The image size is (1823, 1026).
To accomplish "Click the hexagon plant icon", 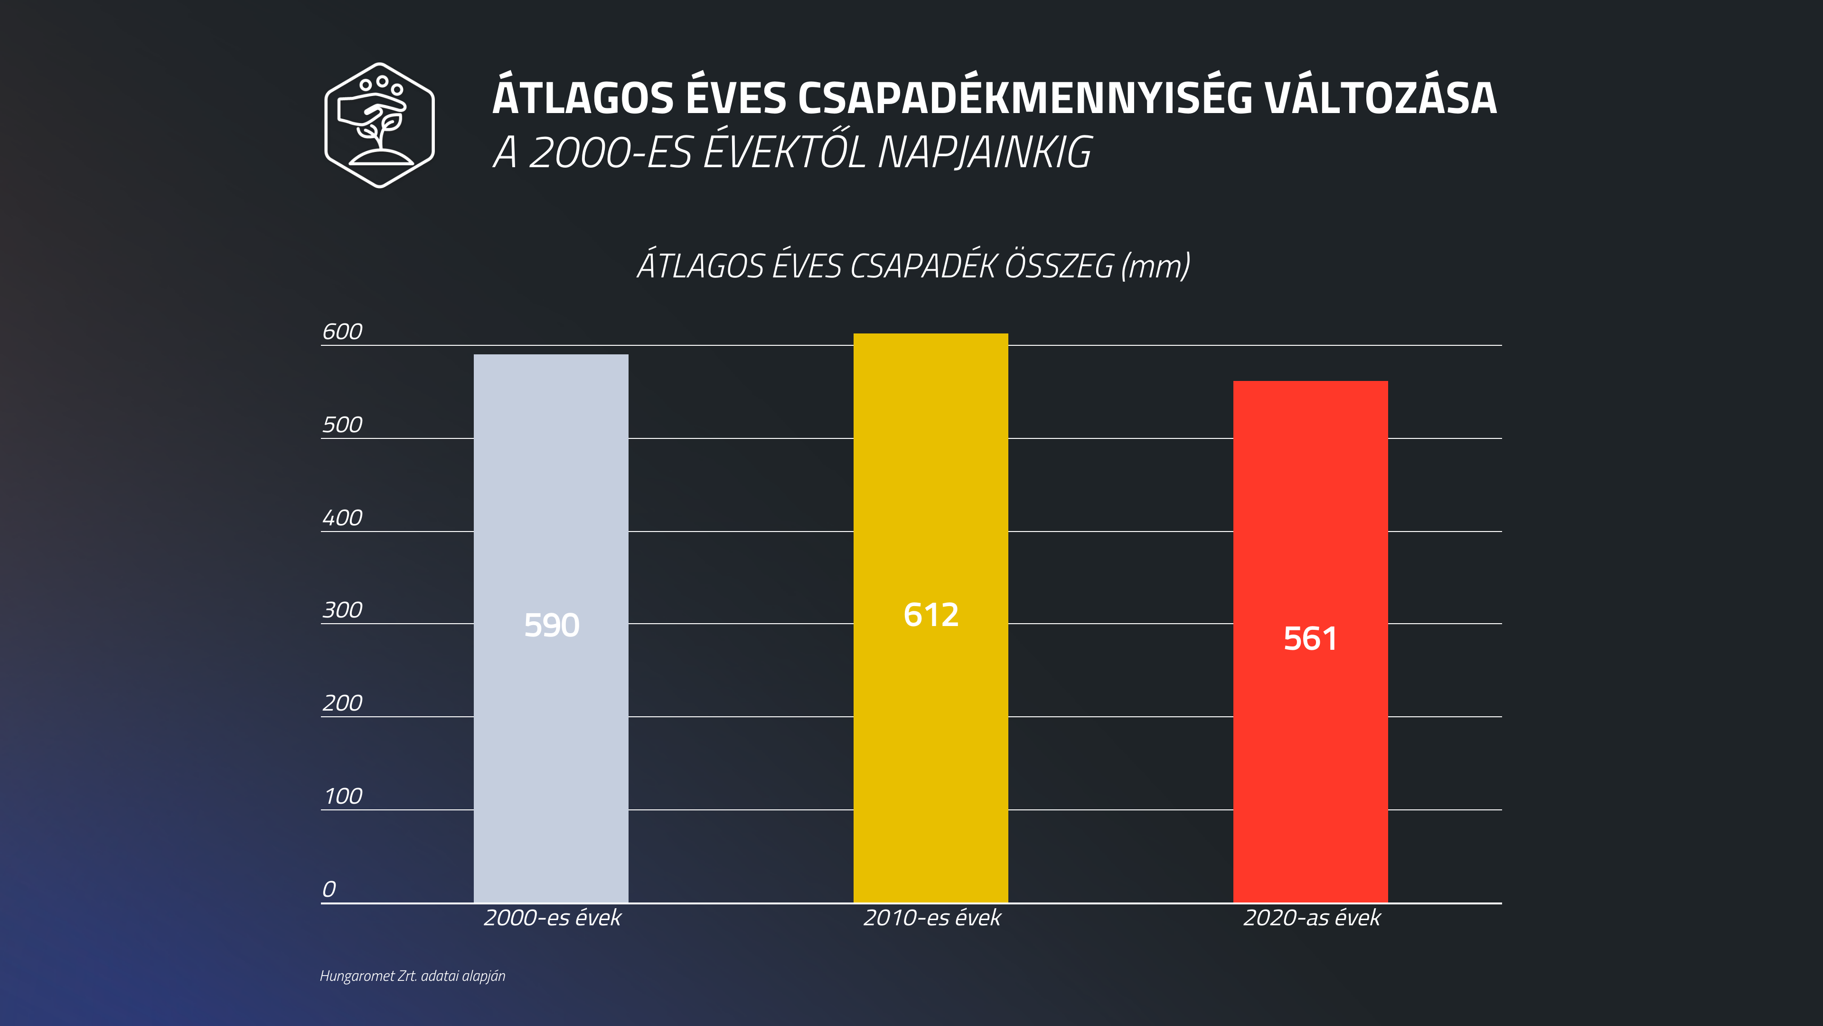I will (x=379, y=125).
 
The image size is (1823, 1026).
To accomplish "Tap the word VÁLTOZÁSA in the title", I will (x=1380, y=98).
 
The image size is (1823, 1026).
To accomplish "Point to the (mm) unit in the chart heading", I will (x=1156, y=266).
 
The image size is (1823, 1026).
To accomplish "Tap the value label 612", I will (x=930, y=615).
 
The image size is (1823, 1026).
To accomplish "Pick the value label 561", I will (x=1310, y=639).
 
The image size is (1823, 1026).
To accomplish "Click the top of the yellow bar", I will (x=930, y=336).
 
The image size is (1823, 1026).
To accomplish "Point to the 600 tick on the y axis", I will (x=342, y=332).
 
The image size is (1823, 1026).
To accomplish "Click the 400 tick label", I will (x=342, y=518).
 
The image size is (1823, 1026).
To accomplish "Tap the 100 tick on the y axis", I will (x=342, y=797).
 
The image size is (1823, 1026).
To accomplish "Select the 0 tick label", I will (x=329, y=889).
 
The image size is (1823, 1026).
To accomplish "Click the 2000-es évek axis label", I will (x=552, y=918).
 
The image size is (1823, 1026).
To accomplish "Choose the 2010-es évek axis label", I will (x=932, y=918).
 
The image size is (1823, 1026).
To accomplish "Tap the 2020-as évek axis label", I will (x=1311, y=918).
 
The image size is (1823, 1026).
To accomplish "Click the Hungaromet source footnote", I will (x=413, y=976).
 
